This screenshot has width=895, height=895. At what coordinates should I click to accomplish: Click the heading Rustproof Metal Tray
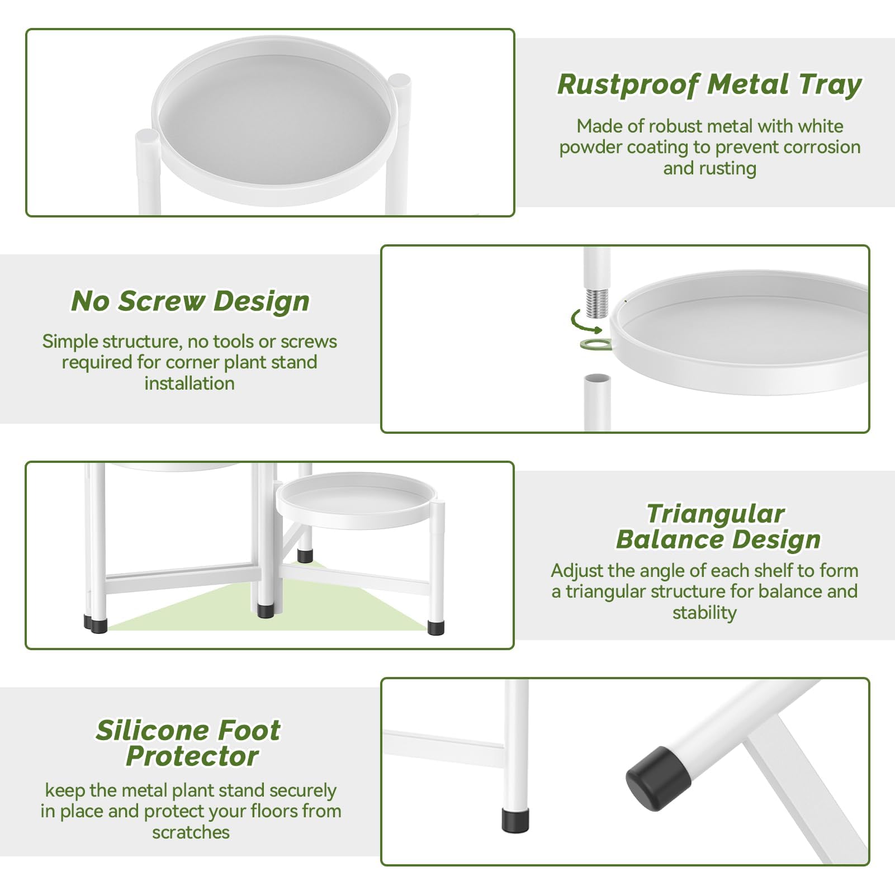point(709,85)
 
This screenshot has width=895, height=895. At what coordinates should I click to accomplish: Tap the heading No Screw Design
point(190,301)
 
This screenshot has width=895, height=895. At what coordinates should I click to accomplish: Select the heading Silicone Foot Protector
point(188,743)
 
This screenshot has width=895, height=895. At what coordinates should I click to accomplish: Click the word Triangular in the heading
point(715,514)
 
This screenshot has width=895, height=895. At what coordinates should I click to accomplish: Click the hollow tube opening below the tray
point(597,380)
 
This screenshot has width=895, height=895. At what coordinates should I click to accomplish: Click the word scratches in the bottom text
point(191,832)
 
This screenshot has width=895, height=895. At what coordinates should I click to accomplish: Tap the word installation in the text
point(190,383)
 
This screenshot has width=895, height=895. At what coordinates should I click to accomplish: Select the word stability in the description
point(704,613)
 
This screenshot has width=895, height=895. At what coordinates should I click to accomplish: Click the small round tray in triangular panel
point(354,500)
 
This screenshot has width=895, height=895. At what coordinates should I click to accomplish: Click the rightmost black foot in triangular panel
point(435,627)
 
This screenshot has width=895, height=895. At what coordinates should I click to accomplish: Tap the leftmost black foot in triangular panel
point(96,624)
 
